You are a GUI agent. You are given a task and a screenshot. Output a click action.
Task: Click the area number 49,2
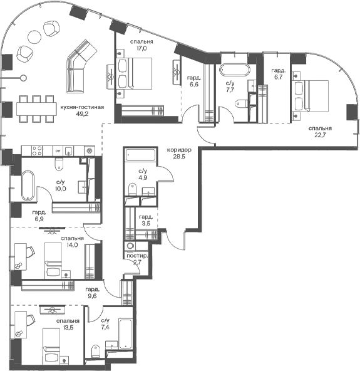[82, 114]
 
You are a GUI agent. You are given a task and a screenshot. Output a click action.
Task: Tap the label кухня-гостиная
[82, 107]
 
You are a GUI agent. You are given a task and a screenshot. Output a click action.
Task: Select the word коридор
[179, 150]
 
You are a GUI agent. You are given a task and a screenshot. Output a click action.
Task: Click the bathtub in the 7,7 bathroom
[234, 70]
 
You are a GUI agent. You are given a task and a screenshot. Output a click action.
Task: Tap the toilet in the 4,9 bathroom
[131, 189]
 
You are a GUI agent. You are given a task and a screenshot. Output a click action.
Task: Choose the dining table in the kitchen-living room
[36, 109]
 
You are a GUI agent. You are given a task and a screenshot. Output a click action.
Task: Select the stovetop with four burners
[37, 150]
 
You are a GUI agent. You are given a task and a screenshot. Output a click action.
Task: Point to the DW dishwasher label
[58, 150]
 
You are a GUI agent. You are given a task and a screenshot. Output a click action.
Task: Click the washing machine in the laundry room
[130, 246]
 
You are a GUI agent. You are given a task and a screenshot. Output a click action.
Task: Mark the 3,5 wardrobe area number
[147, 223]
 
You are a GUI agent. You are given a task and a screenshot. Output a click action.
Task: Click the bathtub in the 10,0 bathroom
[28, 185]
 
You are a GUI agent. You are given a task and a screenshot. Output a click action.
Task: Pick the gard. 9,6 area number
[92, 296]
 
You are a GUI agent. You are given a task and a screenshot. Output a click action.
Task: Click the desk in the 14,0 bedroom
[21, 256]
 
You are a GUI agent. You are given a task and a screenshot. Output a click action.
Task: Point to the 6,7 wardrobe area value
[279, 77]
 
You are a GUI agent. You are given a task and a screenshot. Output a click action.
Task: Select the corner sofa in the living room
[79, 66]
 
